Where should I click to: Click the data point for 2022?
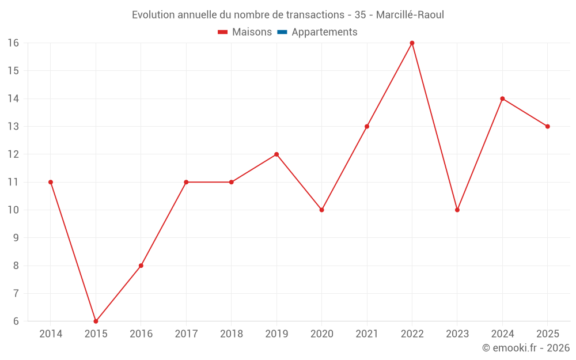coord(412,43)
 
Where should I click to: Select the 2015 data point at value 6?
coord(96,321)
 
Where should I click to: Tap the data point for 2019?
coord(276,154)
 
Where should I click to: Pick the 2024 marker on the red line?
coord(502,98)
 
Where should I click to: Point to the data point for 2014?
coord(51,182)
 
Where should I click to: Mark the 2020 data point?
coord(322,210)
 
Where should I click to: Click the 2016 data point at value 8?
coord(141,266)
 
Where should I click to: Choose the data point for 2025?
coord(548,126)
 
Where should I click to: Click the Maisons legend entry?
coord(245,32)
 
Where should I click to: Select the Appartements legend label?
coord(324,32)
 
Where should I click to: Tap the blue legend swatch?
coord(282,32)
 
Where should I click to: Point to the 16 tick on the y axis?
coord(13,43)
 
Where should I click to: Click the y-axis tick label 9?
coord(16,238)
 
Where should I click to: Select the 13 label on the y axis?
coord(13,126)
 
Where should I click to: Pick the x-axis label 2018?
coord(232,334)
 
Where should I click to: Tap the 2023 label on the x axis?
coord(457,334)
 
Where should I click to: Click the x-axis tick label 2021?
coord(367,334)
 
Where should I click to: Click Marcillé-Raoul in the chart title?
coord(410,15)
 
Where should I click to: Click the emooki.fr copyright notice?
coord(526,347)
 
